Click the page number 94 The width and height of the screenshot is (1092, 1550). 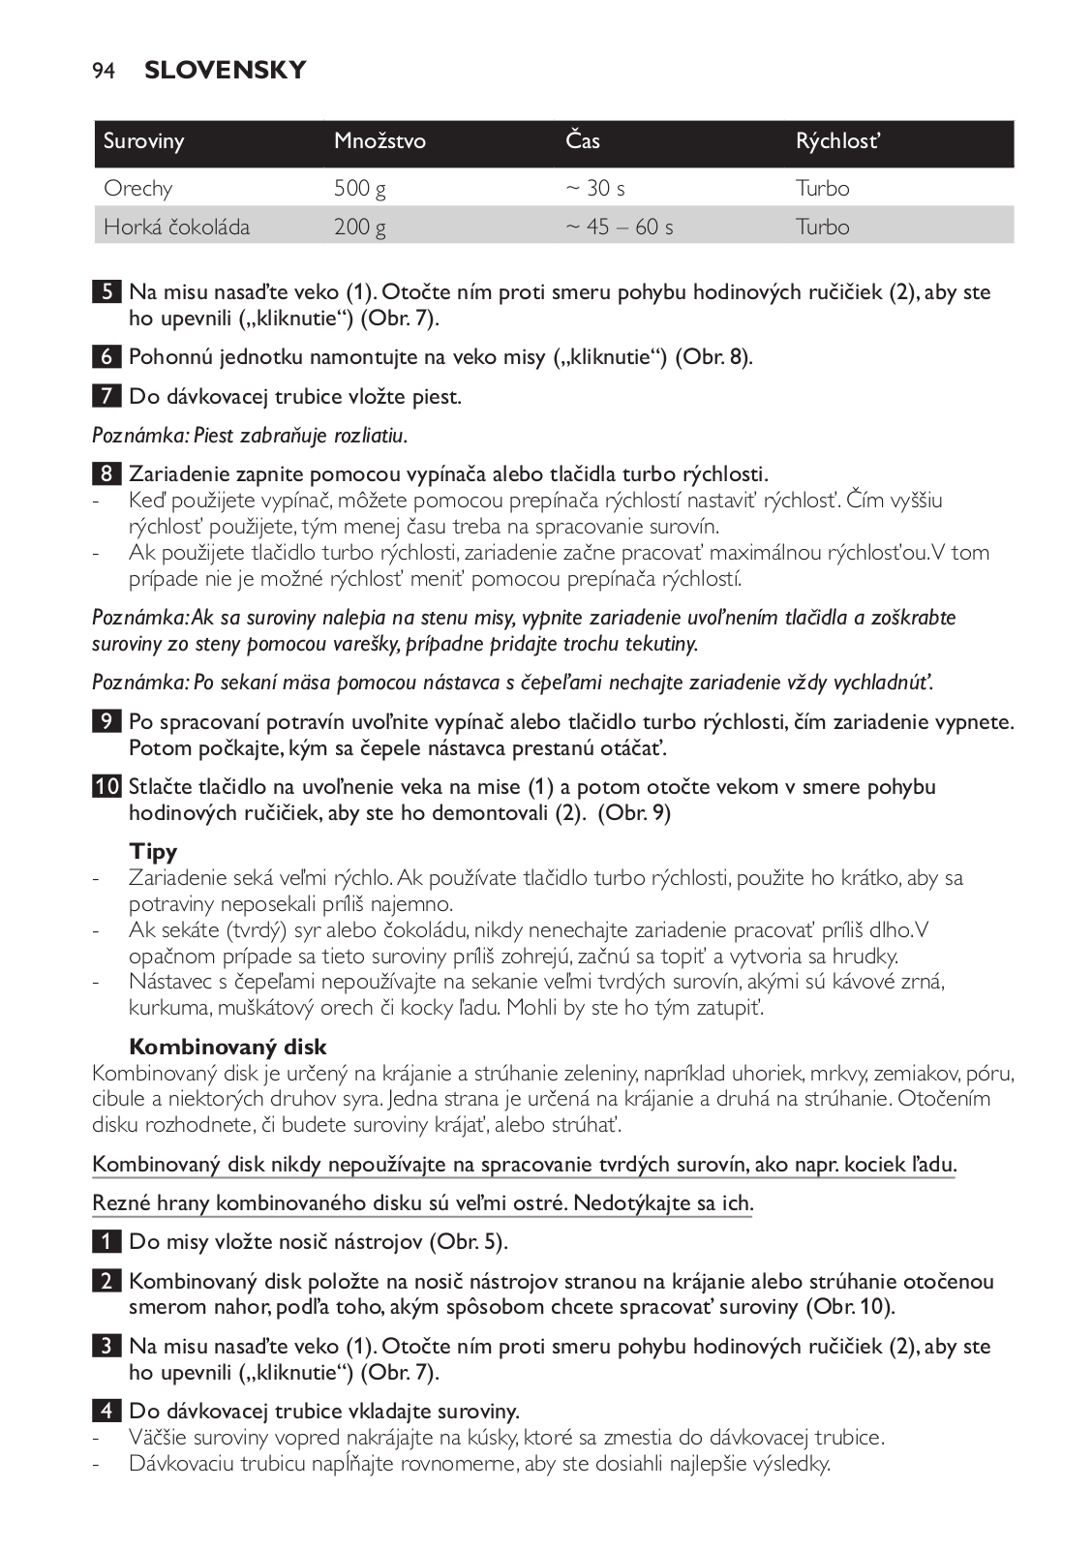104,71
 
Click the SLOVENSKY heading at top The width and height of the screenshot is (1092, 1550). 225,71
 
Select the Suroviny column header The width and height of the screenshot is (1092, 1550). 144,141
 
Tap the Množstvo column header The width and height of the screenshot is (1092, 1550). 379,141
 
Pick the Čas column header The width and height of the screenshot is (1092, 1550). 583,141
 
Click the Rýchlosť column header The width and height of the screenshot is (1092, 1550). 837,141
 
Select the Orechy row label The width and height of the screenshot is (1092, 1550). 138,188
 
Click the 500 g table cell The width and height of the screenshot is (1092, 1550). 360,188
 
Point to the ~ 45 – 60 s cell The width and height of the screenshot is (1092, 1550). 620,227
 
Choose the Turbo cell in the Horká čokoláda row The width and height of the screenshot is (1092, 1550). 822,227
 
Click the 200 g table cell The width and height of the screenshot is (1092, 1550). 360,227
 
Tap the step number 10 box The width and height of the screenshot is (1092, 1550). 106,787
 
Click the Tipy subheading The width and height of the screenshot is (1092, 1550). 154,852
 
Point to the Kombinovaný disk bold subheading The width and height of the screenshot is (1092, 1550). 228,1047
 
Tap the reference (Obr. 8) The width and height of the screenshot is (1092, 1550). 713,357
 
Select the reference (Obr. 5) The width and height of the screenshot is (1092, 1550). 469,1242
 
